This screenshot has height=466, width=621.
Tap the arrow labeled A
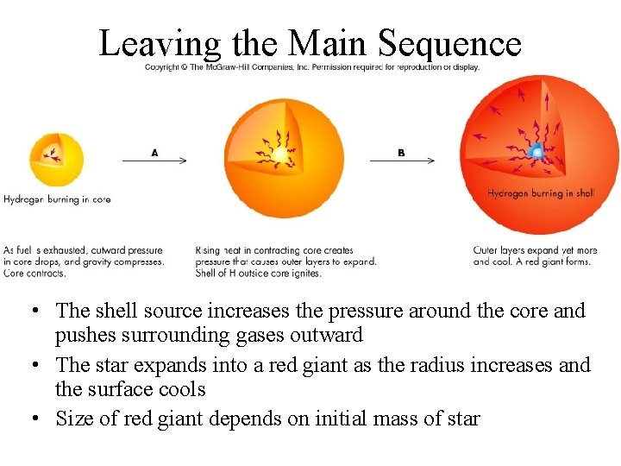tap(155, 160)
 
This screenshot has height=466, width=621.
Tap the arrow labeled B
tap(402, 160)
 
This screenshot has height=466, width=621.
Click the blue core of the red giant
tap(536, 154)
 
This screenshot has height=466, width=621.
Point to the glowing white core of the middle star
tap(280, 155)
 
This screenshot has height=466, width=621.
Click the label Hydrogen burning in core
tap(57, 199)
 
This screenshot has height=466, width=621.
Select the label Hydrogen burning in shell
tap(541, 193)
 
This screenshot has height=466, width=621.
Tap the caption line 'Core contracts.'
tap(34, 273)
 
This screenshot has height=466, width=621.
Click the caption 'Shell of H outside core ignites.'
tap(259, 273)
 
